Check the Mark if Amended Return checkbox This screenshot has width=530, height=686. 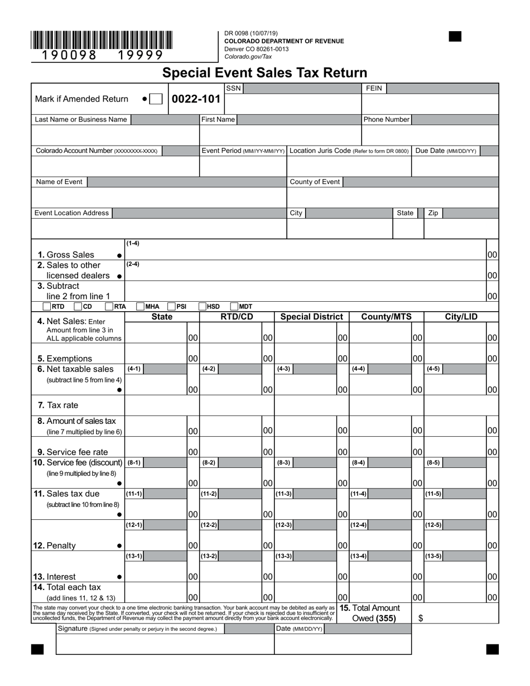156,99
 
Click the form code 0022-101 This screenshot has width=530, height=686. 196,99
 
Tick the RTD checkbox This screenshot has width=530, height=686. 47,306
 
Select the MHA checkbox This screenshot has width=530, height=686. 141,306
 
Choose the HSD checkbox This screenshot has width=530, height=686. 203,306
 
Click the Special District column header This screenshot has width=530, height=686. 311,317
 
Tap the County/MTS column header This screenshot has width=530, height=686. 386,317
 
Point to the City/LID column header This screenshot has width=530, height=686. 461,317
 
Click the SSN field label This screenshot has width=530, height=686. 233,88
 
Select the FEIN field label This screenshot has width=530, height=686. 373,88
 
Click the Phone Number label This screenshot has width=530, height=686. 386,119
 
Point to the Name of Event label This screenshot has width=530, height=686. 59,182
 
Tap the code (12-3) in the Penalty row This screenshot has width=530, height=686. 284,525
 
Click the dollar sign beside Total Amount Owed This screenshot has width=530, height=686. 420,618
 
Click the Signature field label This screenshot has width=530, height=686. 73,629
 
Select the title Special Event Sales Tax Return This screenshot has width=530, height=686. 264,73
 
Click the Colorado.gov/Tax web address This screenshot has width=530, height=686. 248,56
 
